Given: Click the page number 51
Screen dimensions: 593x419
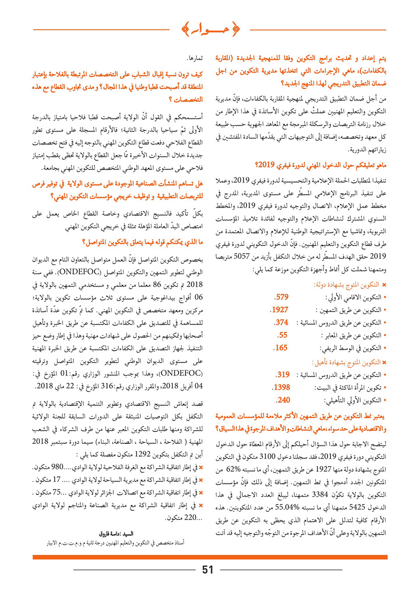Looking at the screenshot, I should [208, 570].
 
